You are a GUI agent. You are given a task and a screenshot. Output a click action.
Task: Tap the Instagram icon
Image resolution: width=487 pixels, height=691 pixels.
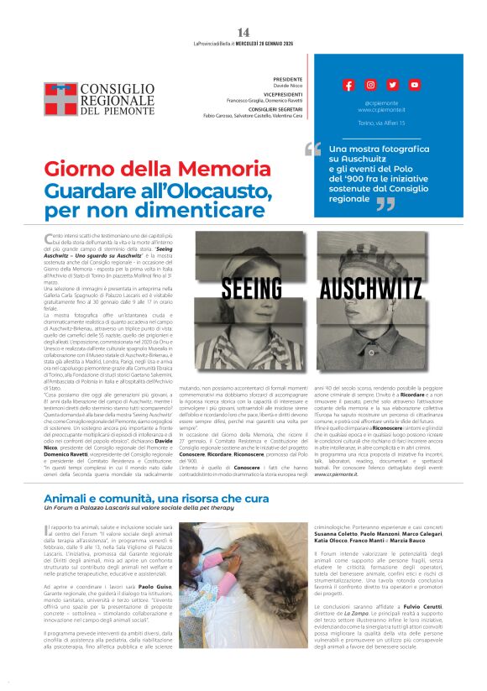[370, 85]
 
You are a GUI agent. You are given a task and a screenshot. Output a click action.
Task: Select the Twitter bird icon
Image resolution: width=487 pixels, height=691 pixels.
[392, 85]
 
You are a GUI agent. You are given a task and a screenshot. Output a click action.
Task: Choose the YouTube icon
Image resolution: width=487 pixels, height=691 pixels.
[414, 85]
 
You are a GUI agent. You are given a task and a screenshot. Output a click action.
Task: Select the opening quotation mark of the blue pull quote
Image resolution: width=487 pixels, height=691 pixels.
[313, 149]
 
